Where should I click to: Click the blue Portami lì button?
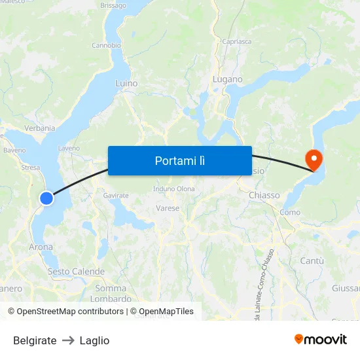(x=179, y=160)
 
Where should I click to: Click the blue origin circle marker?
(x=46, y=197)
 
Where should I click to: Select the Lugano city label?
(x=228, y=79)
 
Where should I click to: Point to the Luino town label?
(x=126, y=83)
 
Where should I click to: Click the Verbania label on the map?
(x=40, y=128)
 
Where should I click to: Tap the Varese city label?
(x=168, y=208)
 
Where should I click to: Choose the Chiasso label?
(x=264, y=195)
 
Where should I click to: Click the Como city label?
(x=290, y=212)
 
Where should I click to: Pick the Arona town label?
(x=41, y=247)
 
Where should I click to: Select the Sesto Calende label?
(x=76, y=271)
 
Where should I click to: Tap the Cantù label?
(x=312, y=261)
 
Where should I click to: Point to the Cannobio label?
(x=106, y=46)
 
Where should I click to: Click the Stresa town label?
(x=31, y=168)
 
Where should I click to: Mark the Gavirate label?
(x=116, y=195)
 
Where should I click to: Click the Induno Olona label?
(x=174, y=189)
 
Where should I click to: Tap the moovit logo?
(x=321, y=340)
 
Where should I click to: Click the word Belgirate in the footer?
(x=35, y=340)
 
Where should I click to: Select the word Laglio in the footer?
(x=94, y=340)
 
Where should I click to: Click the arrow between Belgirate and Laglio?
(x=68, y=340)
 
